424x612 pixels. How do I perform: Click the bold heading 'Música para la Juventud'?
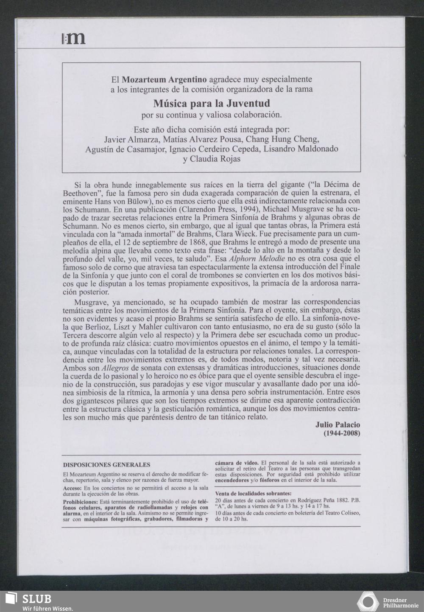click(211, 104)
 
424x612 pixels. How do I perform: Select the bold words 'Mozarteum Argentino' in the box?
click(164, 79)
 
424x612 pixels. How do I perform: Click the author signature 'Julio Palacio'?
click(338, 425)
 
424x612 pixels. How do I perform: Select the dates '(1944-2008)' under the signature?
click(342, 433)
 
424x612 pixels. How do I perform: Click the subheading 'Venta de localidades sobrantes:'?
click(253, 494)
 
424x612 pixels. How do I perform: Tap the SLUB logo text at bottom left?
click(37, 598)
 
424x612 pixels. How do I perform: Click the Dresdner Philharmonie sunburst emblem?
click(367, 602)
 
